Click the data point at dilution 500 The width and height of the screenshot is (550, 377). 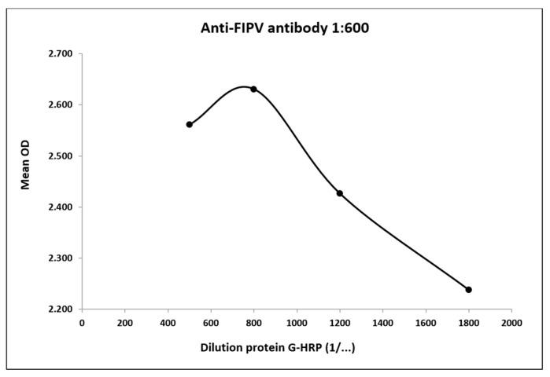[190, 124]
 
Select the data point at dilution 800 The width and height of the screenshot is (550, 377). [253, 89]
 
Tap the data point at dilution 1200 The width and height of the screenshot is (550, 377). [340, 193]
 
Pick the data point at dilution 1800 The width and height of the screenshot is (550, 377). [468, 290]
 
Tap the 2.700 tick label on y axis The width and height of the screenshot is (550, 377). [61, 54]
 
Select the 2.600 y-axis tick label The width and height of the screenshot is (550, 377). [61, 105]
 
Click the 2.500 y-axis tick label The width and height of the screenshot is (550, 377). [61, 156]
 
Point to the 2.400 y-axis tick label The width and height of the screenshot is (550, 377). [61, 207]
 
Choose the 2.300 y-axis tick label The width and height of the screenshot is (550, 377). [61, 258]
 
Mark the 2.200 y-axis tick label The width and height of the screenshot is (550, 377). [61, 309]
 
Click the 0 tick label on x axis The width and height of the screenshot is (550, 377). [82, 322]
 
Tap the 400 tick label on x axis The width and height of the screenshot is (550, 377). [168, 322]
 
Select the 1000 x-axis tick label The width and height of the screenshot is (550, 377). [297, 322]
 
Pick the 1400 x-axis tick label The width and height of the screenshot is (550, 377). [382, 322]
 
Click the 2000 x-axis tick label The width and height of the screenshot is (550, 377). [511, 322]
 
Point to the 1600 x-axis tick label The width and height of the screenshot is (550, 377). [426, 322]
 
